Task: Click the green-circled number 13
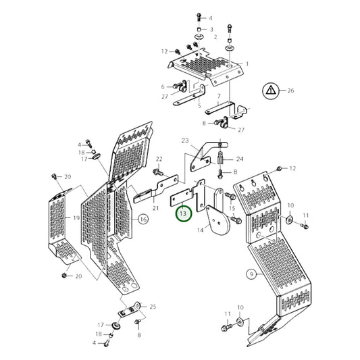click(x=183, y=214)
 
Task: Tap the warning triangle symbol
click(x=269, y=89)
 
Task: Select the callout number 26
click(x=291, y=89)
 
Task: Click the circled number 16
click(x=143, y=219)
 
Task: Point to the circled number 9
click(x=251, y=274)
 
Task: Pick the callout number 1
click(x=247, y=63)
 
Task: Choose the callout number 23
click(x=184, y=141)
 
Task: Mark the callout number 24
click(x=239, y=159)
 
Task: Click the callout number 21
click(x=155, y=208)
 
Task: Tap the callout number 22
click(x=159, y=159)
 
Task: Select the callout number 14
click(x=200, y=230)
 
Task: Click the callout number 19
click(x=76, y=219)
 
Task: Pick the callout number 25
click(x=153, y=307)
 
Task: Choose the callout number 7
click(x=219, y=97)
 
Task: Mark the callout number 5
click(x=199, y=105)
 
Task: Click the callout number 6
click(x=163, y=87)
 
